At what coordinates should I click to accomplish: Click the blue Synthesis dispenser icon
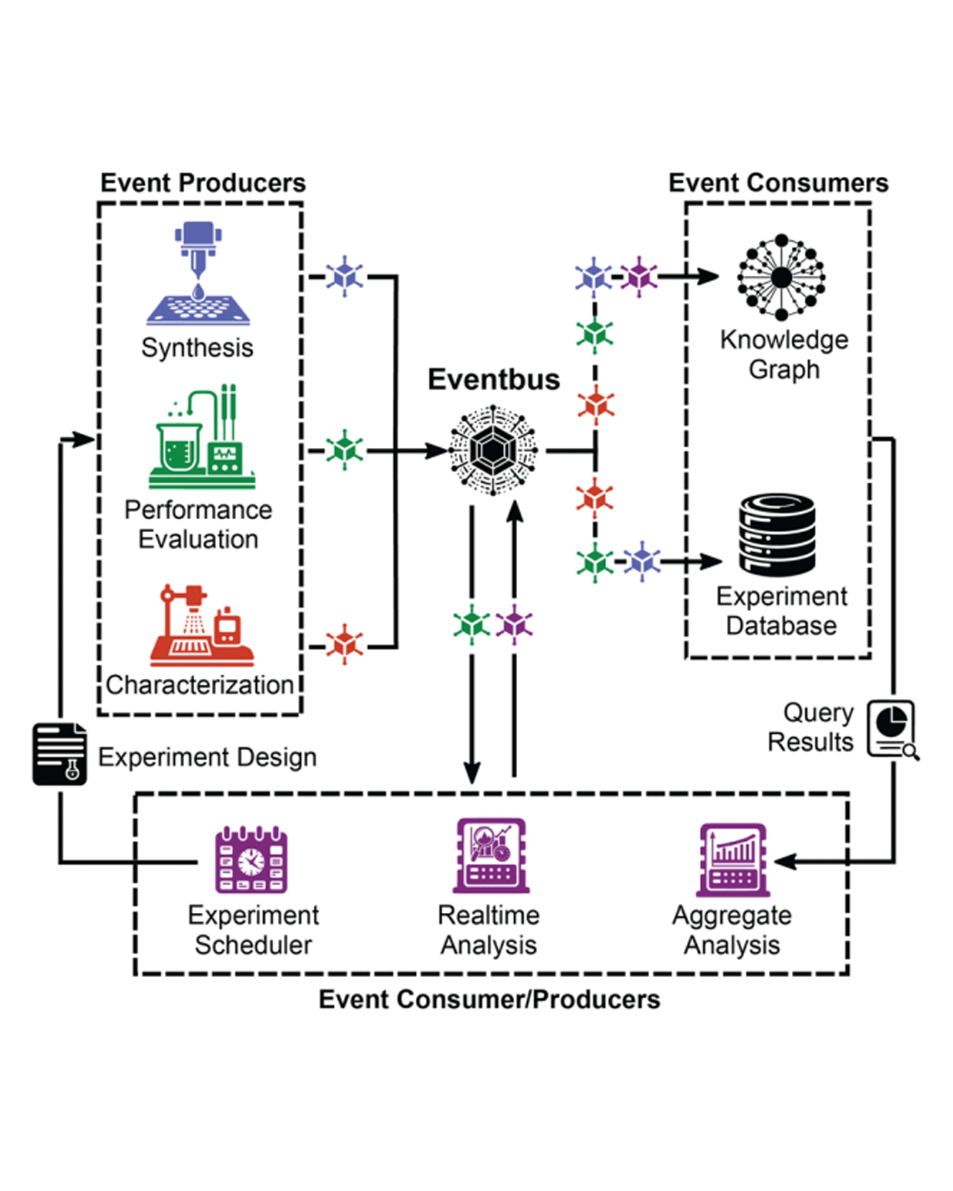coord(198,274)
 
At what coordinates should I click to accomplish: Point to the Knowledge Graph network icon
coord(782,277)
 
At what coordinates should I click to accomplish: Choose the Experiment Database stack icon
coord(777,534)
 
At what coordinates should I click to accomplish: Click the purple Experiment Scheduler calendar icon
coord(251,860)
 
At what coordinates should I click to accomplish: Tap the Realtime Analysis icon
coord(491,855)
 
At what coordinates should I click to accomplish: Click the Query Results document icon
coord(892,729)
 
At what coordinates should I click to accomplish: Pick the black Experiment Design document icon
coord(60,754)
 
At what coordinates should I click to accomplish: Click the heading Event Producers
coord(203,183)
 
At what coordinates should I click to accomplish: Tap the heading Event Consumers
coord(778,183)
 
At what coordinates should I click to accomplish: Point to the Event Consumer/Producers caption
coord(489,999)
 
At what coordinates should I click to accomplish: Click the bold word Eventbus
coord(494,379)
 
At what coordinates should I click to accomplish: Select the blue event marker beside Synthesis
coord(345,276)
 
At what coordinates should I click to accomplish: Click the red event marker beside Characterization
coord(345,644)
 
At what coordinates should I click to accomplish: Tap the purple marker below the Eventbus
coord(514,624)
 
